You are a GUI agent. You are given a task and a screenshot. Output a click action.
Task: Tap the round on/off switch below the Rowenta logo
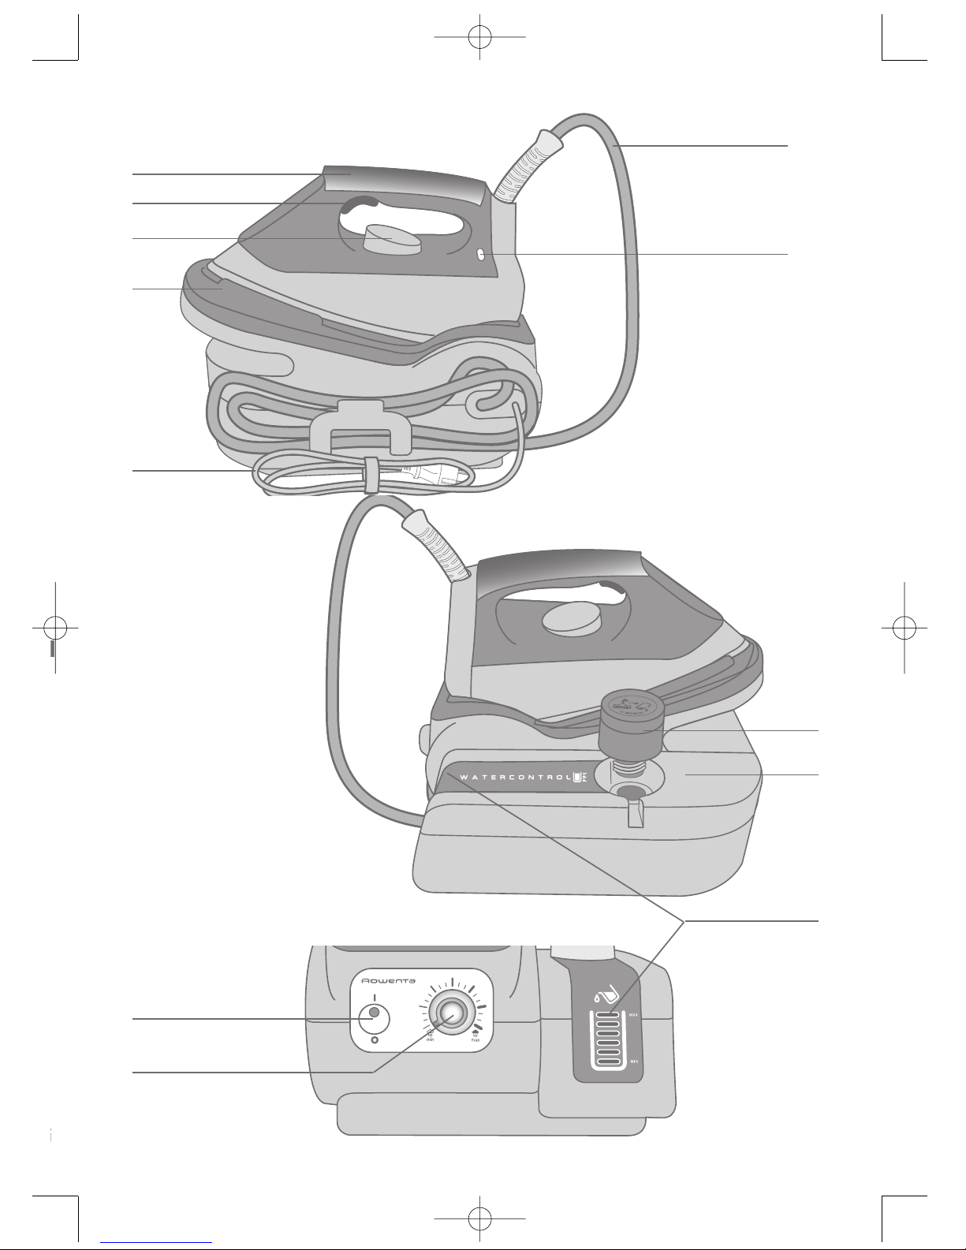tap(374, 1017)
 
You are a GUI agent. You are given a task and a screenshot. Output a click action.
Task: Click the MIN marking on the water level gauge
tap(634, 1062)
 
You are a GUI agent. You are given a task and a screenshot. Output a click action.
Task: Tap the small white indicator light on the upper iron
tap(480, 254)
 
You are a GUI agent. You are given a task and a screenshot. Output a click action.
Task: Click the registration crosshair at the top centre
tap(479, 36)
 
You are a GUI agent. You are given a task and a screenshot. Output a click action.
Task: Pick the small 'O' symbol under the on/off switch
tap(374, 1040)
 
